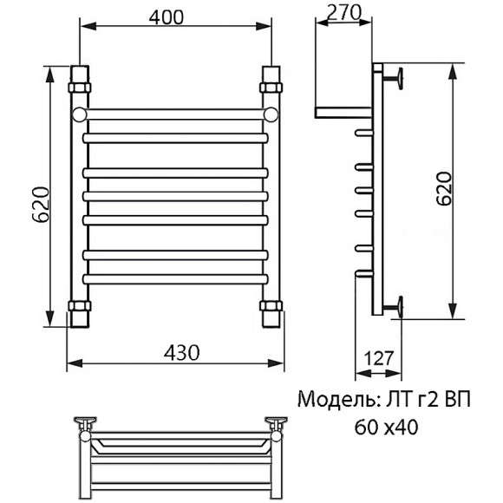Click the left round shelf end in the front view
(x=80, y=114)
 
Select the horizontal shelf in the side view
(x=344, y=112)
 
